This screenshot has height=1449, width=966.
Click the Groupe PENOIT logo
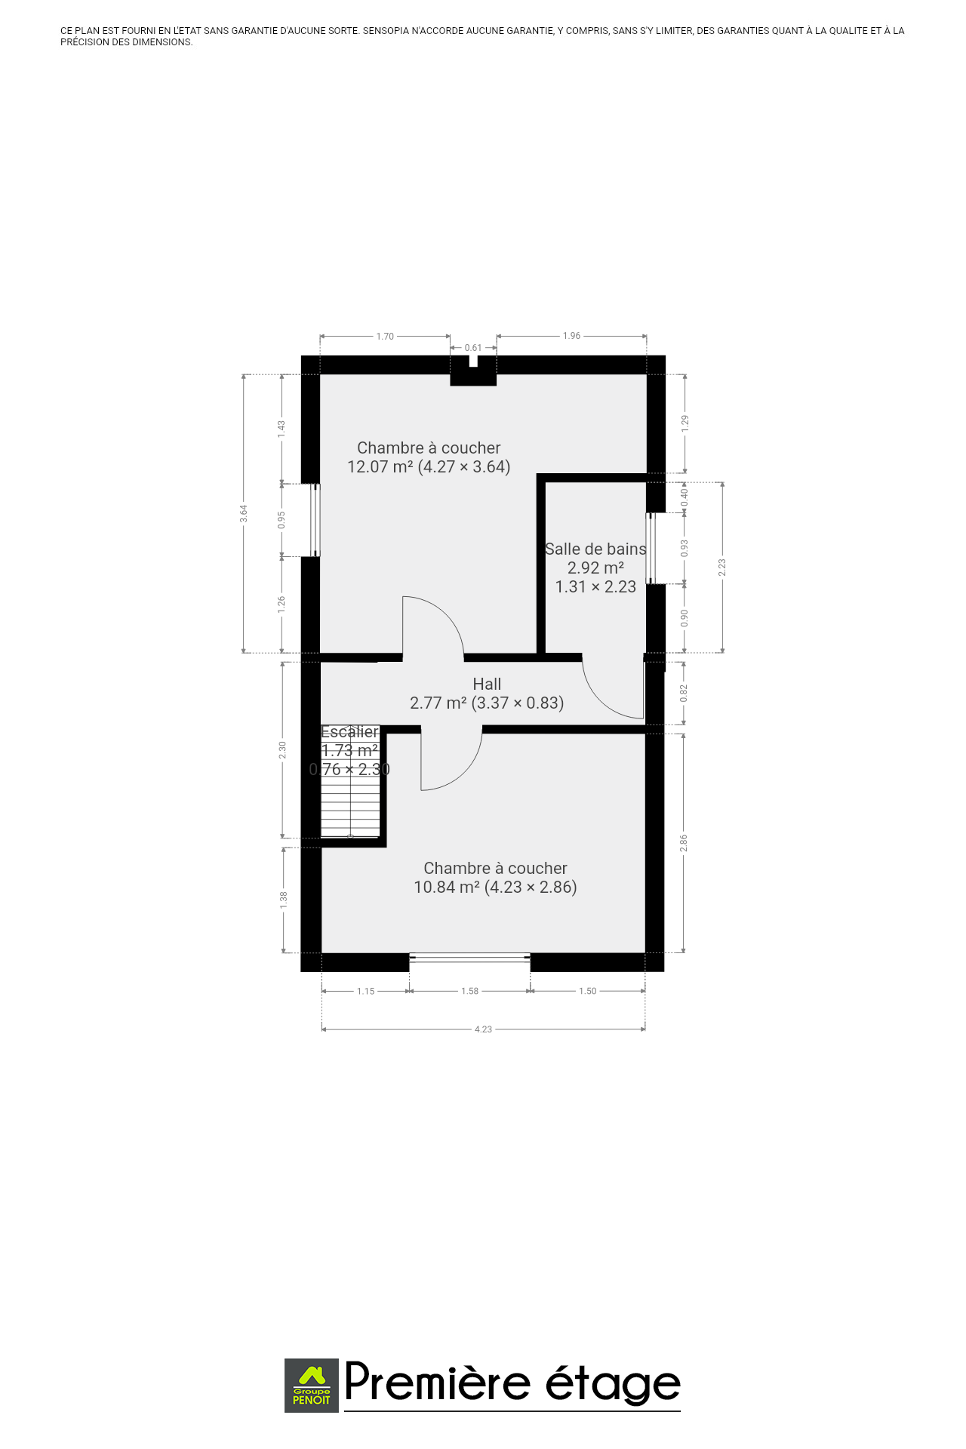click(312, 1385)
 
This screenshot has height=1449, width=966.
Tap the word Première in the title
click(438, 1382)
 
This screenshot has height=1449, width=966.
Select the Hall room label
click(487, 684)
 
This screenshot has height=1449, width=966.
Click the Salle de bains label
click(595, 549)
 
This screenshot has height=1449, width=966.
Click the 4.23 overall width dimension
click(483, 1029)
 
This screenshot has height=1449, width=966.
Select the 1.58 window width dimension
click(469, 991)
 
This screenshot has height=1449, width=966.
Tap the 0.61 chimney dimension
click(473, 348)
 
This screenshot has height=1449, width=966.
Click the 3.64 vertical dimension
click(243, 513)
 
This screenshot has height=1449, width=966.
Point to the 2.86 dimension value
click(684, 843)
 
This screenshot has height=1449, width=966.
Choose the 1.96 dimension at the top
click(571, 336)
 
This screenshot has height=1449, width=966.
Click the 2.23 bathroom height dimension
click(722, 568)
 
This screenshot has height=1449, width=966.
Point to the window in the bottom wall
click(469, 958)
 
